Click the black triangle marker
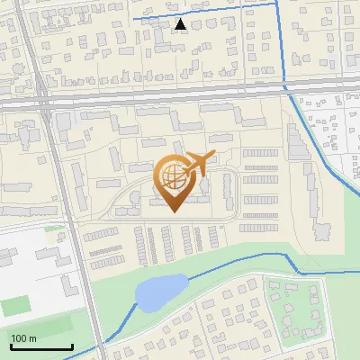(x=181, y=24)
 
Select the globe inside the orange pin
(x=175, y=180)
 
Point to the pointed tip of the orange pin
(x=172, y=212)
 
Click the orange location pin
(x=175, y=184)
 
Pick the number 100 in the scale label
(x=19, y=338)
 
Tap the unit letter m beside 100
(x=31, y=338)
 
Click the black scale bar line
(x=41, y=346)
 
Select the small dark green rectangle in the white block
(x=14, y=306)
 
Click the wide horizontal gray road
(x=180, y=97)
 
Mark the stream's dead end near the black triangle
(x=133, y=18)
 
